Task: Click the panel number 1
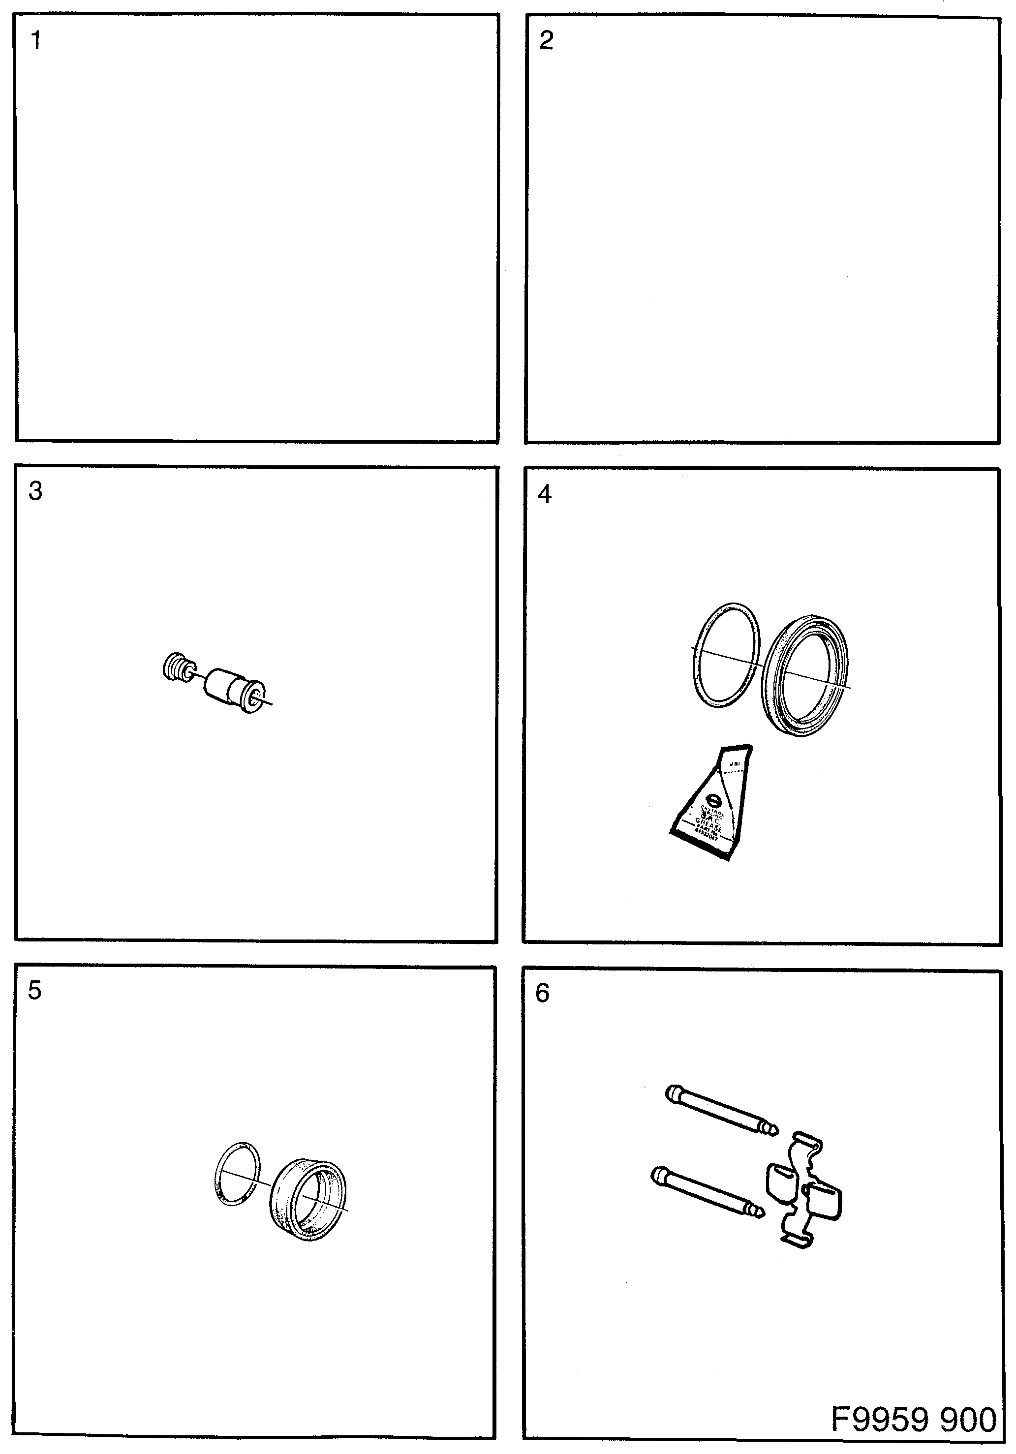click(36, 40)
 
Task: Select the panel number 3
click(35, 491)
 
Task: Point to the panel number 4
click(544, 493)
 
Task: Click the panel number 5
click(35, 990)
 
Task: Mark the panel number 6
click(542, 993)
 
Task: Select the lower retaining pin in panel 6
click(706, 1192)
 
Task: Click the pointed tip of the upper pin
click(773, 1130)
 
